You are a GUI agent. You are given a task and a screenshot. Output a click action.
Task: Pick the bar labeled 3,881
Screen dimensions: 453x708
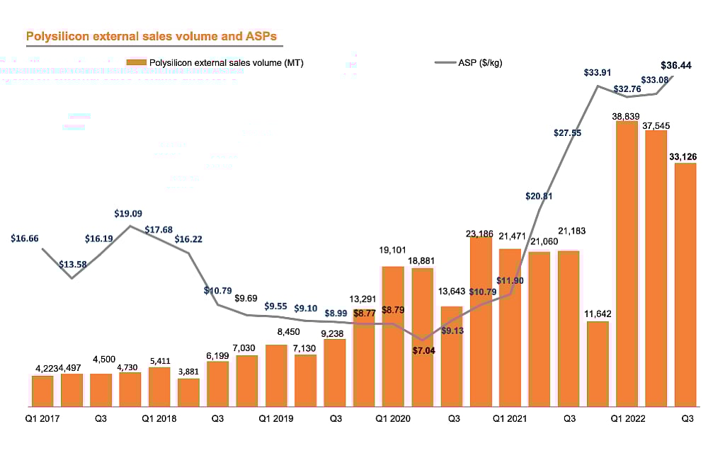(x=188, y=392)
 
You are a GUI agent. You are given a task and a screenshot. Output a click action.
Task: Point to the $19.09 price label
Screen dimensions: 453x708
(x=128, y=213)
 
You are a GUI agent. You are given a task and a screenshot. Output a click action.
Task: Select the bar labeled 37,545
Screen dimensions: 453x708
(x=656, y=268)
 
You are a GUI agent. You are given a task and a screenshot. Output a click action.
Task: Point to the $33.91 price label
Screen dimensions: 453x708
(x=599, y=72)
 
